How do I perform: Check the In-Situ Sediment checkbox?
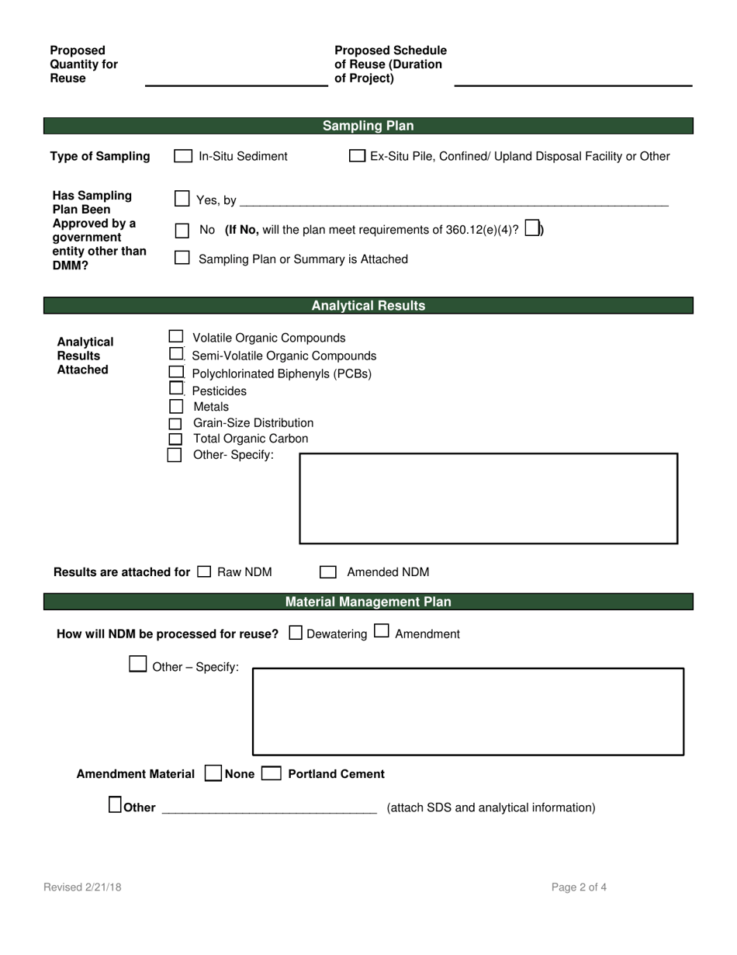point(183,156)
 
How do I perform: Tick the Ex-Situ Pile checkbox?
point(357,156)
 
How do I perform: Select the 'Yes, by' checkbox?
point(182,200)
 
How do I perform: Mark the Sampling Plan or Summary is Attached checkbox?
point(182,258)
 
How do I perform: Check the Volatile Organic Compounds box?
point(176,337)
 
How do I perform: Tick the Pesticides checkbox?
point(176,389)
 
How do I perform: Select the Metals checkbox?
point(175,406)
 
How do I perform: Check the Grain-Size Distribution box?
point(175,423)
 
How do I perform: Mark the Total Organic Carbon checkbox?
point(175,439)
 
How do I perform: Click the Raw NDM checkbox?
point(204,572)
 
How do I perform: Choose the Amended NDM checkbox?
point(328,572)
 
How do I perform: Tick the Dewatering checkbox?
point(296,633)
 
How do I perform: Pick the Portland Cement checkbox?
point(272,773)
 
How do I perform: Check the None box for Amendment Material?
point(213,773)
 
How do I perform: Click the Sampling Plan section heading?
point(368,126)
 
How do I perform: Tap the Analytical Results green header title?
point(368,306)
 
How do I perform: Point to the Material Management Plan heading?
point(368,602)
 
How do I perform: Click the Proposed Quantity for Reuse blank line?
point(236,80)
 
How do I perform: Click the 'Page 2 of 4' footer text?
point(579,887)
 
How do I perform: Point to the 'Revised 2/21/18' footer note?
point(82,887)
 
